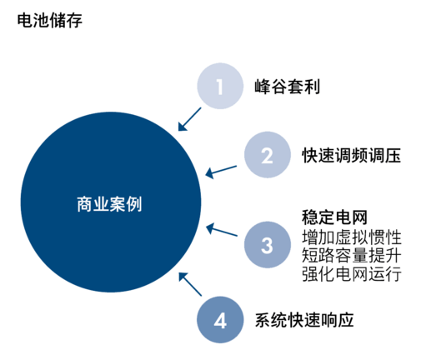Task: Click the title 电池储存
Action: [50, 21]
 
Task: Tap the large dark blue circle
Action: [111, 202]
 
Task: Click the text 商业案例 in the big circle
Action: [109, 204]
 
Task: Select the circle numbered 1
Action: [220, 86]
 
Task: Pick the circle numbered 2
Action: [268, 155]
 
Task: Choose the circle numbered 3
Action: [268, 245]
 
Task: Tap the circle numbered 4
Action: [220, 320]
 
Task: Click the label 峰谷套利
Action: [288, 87]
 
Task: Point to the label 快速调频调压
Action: [352, 155]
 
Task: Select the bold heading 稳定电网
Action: [335, 217]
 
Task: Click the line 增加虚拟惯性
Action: [352, 237]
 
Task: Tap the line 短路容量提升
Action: [352, 255]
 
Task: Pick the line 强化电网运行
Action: [352, 273]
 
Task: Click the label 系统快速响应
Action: [304, 320]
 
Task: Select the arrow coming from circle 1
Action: [189, 119]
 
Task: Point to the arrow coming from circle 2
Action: [221, 172]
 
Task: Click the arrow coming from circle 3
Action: [222, 229]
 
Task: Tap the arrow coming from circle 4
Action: [190, 284]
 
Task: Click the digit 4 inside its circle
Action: [220, 321]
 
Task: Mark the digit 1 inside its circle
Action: [220, 87]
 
